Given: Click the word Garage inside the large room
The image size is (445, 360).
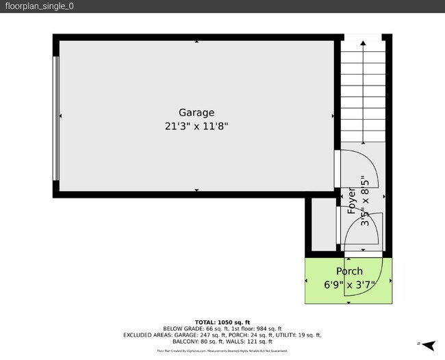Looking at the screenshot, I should (x=196, y=113).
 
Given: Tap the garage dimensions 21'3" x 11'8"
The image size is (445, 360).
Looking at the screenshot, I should (x=196, y=126).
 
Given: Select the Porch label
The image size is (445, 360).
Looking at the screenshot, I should (x=348, y=272).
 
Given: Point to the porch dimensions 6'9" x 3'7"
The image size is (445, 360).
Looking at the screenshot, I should (x=348, y=285).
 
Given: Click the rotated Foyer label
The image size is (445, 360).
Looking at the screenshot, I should (x=352, y=201).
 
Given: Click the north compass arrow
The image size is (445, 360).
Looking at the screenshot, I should (x=428, y=345).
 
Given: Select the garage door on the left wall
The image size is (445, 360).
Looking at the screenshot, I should (x=56, y=117).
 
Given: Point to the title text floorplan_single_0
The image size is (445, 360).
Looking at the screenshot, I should (x=40, y=6).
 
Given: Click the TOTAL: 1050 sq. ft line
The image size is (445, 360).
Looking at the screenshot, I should (x=222, y=322).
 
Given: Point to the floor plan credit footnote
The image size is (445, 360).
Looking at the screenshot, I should (x=222, y=350).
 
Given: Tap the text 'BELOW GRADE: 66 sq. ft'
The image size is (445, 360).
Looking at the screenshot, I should (x=191, y=329).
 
